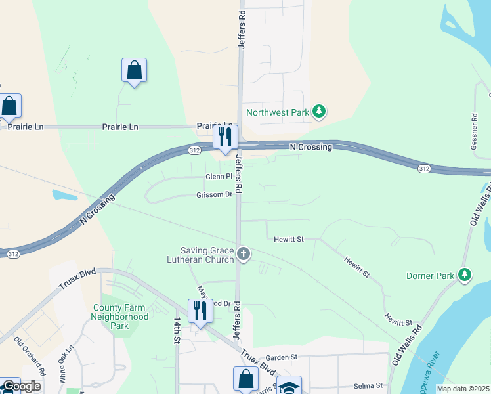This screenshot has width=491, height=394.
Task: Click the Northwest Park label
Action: pyautogui.click(x=277, y=112)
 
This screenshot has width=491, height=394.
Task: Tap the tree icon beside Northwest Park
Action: pyautogui.click(x=319, y=112)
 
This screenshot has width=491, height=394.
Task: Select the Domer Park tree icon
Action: pyautogui.click(x=465, y=274)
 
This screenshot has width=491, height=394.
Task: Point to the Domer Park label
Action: pyautogui.click(x=430, y=276)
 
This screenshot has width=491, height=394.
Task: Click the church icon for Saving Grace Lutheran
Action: pyautogui.click(x=244, y=254)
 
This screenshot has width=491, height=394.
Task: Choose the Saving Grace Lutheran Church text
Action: pyautogui.click(x=207, y=255)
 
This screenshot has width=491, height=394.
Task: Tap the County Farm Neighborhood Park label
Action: pyautogui.click(x=121, y=316)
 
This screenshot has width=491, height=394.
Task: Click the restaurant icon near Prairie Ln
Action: pyautogui.click(x=224, y=137)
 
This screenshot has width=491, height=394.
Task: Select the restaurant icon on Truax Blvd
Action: pyautogui.click(x=200, y=311)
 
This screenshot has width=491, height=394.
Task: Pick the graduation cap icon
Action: pyautogui.click(x=289, y=385)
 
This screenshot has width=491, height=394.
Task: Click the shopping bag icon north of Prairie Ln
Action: pyautogui.click(x=134, y=70)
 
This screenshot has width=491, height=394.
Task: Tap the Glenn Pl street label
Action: pyautogui.click(x=219, y=177)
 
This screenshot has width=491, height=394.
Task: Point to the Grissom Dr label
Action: pyautogui.click(x=214, y=195)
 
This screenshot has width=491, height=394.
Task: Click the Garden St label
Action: pyautogui.click(x=282, y=357)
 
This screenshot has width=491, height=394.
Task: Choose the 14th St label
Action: pyautogui.click(x=177, y=330)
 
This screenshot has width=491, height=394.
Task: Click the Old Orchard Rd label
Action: pyautogui.click(x=30, y=357)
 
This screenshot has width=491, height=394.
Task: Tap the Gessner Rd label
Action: pyautogui.click(x=474, y=131)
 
